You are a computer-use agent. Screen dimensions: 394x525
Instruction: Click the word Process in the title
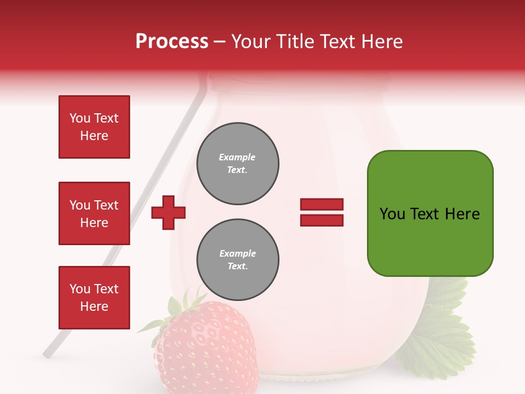click(172, 42)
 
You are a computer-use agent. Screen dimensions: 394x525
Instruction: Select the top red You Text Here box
click(94, 127)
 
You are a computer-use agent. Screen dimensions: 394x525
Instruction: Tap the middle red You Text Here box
click(94, 213)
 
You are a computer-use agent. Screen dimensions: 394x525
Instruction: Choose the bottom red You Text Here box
click(94, 298)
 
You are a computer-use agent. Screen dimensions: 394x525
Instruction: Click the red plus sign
click(168, 212)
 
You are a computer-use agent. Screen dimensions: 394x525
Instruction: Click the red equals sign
click(322, 212)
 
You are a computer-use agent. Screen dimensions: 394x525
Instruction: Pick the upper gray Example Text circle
click(238, 164)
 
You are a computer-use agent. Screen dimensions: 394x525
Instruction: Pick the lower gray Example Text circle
click(238, 260)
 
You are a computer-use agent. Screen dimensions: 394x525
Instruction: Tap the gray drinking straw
click(164, 164)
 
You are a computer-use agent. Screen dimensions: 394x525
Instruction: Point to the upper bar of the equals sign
click(322, 205)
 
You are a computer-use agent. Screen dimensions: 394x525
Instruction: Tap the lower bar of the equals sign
click(322, 220)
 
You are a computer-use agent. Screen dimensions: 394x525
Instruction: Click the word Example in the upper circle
click(237, 157)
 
